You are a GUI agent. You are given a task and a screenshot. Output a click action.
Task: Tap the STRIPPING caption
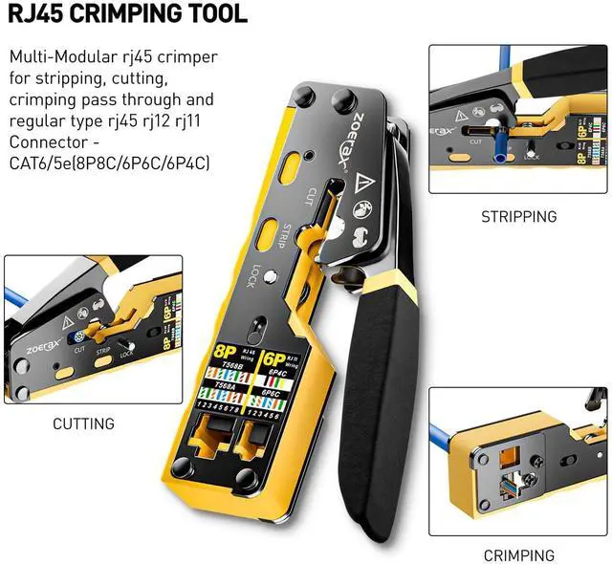click(x=518, y=216)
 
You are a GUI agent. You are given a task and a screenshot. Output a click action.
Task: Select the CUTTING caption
click(x=83, y=423)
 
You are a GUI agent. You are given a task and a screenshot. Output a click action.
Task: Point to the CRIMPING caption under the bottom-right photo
click(x=518, y=554)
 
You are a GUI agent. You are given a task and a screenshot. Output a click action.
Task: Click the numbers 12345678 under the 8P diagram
click(x=221, y=406)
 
